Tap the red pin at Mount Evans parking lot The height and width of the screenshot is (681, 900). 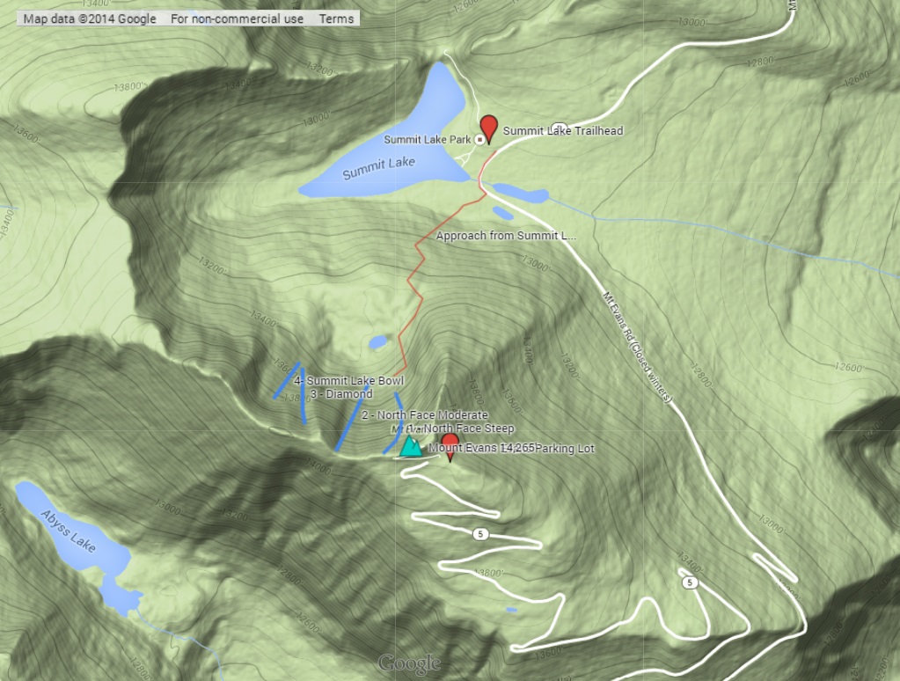(x=450, y=443)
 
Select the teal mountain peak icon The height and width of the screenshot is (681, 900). (x=410, y=446)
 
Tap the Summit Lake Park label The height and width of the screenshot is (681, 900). (x=427, y=140)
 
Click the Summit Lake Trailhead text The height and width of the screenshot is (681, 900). (x=563, y=131)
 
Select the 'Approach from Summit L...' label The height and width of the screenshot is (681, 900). (x=506, y=236)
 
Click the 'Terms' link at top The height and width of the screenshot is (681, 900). (x=336, y=18)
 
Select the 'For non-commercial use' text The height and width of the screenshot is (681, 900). (x=237, y=18)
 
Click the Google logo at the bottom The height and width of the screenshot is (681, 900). (x=409, y=663)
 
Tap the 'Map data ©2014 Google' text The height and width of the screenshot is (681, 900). (x=90, y=18)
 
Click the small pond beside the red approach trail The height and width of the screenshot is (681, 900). (x=377, y=341)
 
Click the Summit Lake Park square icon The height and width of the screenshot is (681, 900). (x=479, y=140)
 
